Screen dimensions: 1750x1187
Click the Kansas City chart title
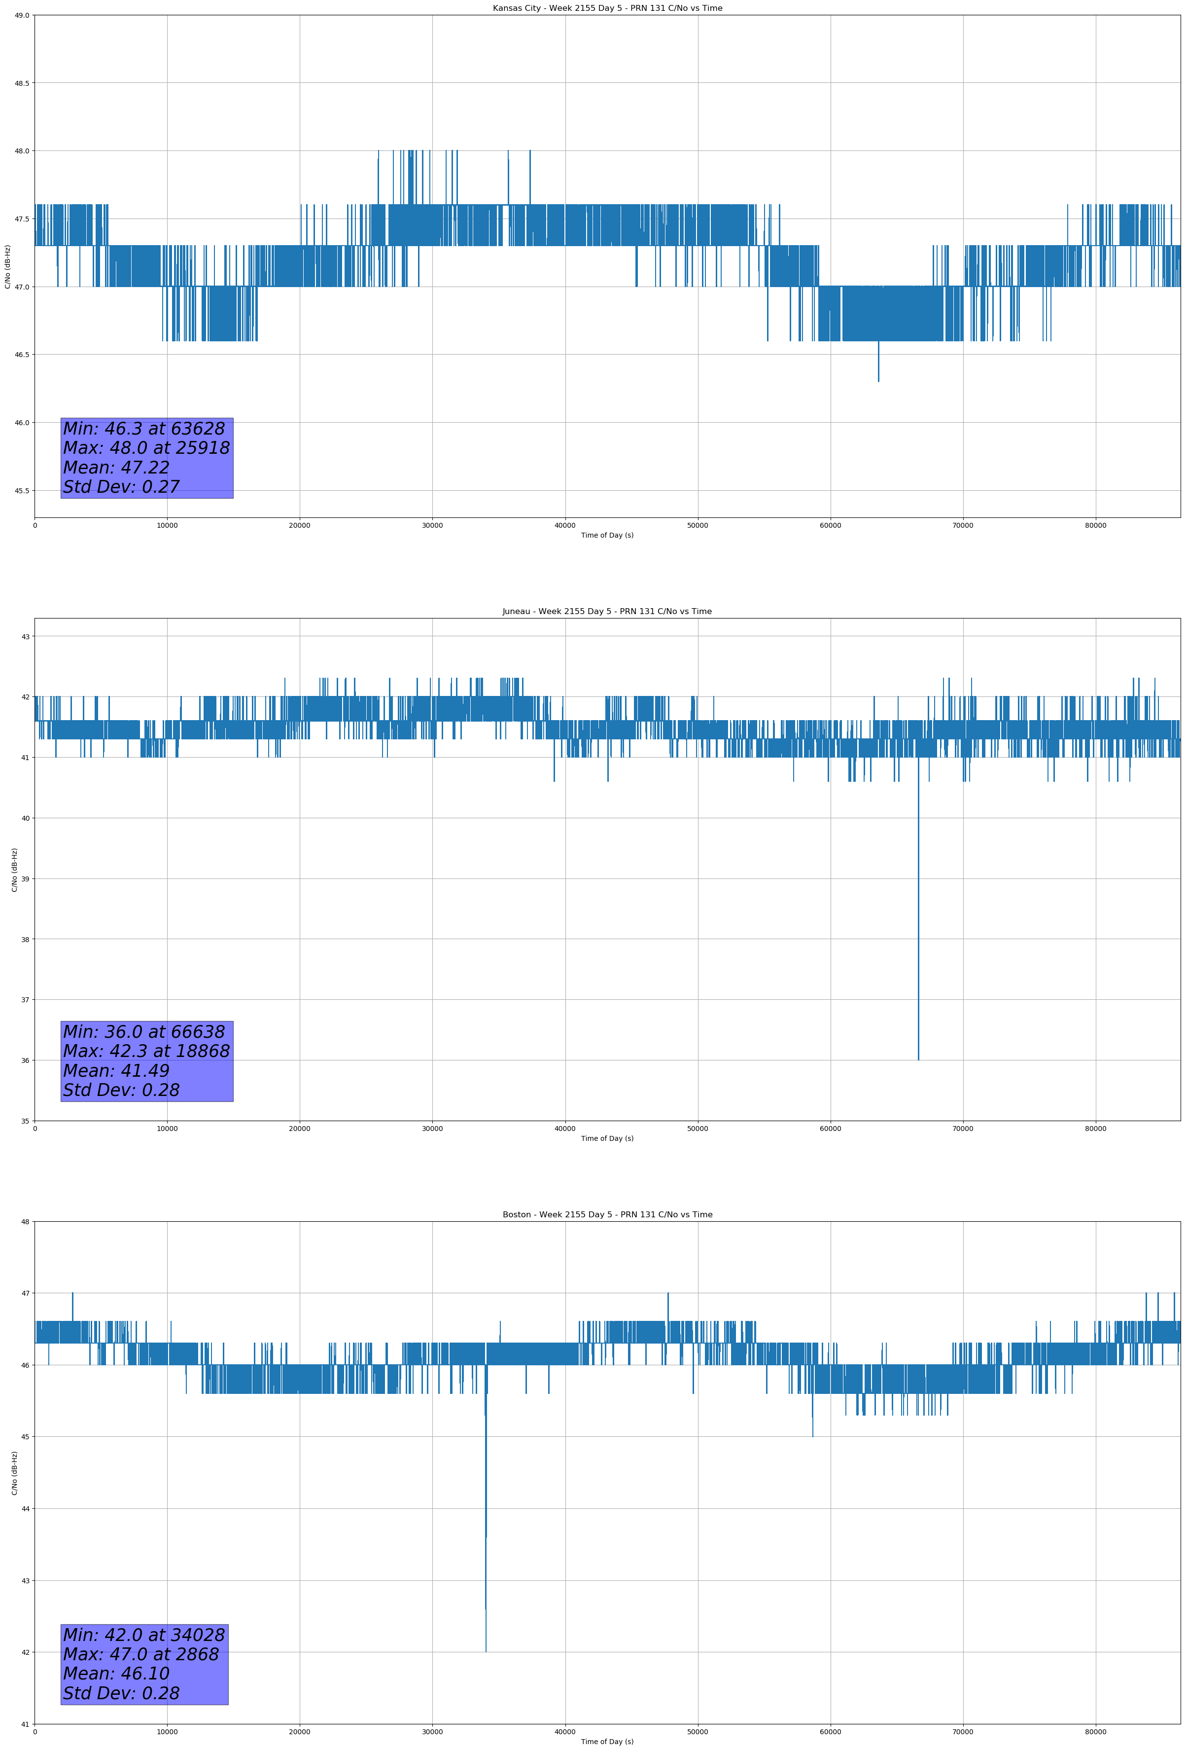tap(607, 8)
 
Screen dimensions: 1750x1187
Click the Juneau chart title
tap(607, 612)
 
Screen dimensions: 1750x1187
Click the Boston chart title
tap(607, 1215)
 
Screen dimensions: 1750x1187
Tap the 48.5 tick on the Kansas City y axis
tap(22, 83)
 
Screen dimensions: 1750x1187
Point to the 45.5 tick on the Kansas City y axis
tap(22, 491)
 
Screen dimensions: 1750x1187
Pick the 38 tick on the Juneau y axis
tap(26, 940)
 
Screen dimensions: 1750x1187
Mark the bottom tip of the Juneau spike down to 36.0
tap(918, 1059)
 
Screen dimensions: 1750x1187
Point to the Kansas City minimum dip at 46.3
tap(878, 381)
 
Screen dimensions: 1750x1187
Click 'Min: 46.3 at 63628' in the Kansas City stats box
tap(144, 429)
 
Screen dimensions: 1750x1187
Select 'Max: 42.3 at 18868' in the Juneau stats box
tap(146, 1051)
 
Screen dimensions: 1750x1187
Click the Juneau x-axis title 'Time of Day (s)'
tap(607, 1138)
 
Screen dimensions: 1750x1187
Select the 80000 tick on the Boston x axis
tap(1095, 1732)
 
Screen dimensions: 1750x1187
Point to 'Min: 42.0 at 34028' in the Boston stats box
tap(144, 1635)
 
